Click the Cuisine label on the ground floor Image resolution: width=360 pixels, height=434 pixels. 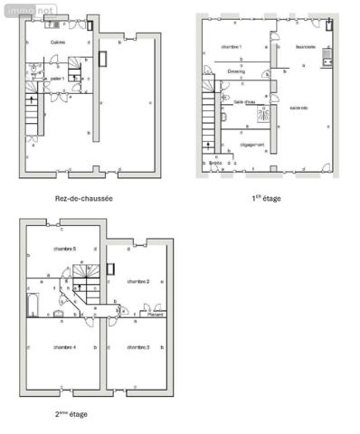coord(58,42)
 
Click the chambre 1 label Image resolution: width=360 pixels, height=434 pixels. coord(232,45)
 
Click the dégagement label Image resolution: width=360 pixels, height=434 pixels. coord(251,145)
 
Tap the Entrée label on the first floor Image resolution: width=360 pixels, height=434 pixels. coord(215,163)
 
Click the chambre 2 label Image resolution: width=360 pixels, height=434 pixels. coord(138,281)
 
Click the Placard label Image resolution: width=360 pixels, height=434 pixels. coord(155,314)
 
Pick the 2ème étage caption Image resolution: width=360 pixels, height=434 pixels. coord(71,414)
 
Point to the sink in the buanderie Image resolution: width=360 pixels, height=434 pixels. coord(329,63)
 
